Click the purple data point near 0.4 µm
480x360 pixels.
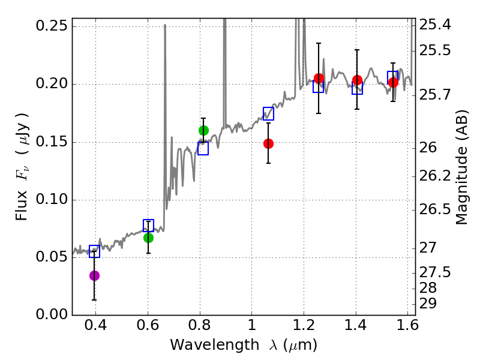94,275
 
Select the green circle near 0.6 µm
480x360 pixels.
148,238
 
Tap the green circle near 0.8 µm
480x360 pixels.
203,130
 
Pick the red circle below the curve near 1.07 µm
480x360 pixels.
268,143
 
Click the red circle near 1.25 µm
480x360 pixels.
319,79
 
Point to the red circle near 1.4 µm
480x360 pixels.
357,80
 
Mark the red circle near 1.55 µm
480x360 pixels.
393,82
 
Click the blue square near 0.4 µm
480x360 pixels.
94,251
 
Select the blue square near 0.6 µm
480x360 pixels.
148,226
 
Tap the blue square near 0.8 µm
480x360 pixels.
203,148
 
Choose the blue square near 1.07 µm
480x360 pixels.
268,114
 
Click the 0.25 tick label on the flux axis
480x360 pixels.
52,26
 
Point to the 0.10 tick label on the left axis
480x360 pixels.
52,199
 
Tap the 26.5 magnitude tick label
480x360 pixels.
434,209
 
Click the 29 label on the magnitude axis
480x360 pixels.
428,304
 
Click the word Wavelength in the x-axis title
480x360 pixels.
215,345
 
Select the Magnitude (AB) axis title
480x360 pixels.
462,167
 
